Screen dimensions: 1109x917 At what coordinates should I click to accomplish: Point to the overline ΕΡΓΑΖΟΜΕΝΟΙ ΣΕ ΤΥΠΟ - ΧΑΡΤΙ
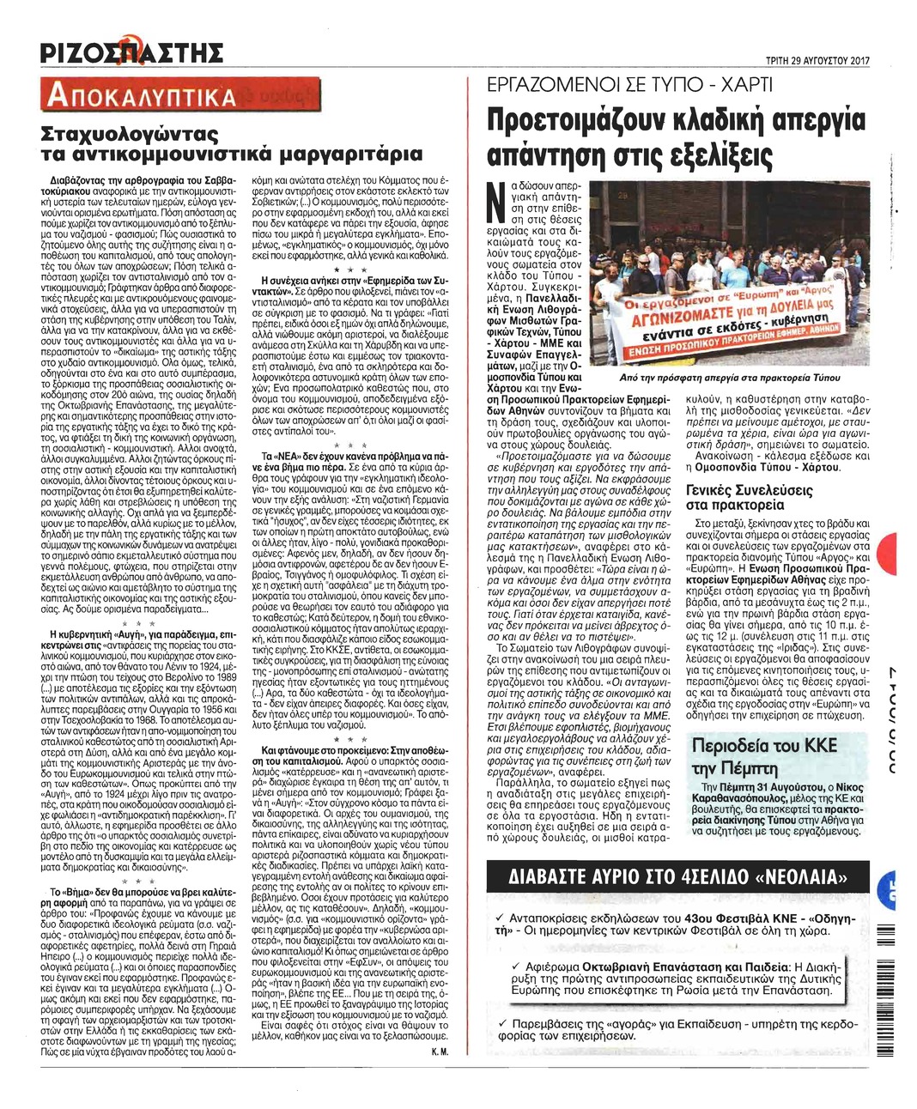coord(629,85)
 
